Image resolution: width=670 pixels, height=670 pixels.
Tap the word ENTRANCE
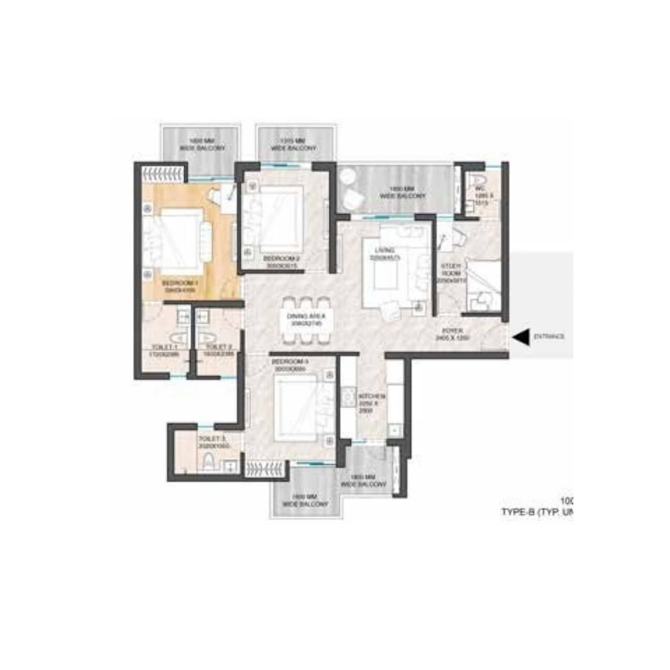tap(549, 337)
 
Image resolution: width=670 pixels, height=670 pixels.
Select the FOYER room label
tap(450, 331)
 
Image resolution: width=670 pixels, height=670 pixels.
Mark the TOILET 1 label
tap(166, 347)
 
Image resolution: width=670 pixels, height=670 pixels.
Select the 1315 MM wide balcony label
tap(287, 145)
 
